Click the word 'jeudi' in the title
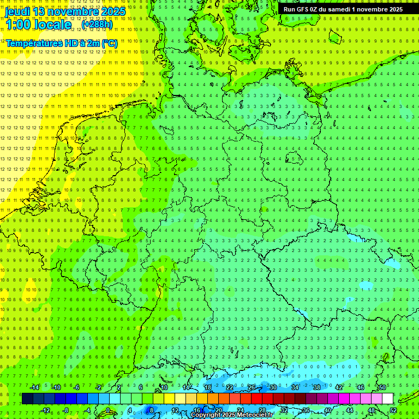tap(19, 11)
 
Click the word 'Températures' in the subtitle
tap(33, 43)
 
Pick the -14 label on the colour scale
tap(35, 387)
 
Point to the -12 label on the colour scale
tap(46, 410)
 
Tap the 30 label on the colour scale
tap(273, 387)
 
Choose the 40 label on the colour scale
tap(327, 410)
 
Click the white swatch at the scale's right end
tap(388, 399)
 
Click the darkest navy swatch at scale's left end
tap(27, 399)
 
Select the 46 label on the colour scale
tap(361, 387)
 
